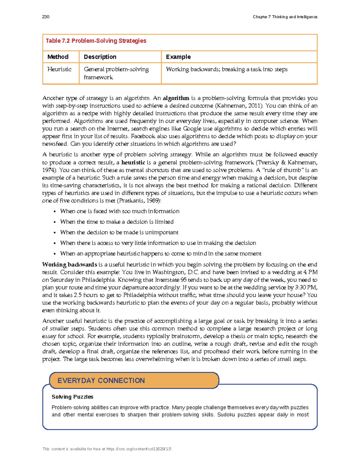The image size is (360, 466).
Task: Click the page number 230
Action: tap(46, 17)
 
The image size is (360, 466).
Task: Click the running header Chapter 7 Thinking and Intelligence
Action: tap(285, 17)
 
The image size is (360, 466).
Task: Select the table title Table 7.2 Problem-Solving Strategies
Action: tap(96, 41)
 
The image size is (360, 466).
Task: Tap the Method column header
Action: tap(58, 57)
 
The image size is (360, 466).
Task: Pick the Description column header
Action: tap(100, 57)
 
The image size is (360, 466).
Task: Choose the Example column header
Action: tap(178, 57)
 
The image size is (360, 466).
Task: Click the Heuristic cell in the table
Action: tap(59, 69)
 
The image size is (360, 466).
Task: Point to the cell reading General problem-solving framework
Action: tap(116, 73)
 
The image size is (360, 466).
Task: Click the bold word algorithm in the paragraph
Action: tap(176, 98)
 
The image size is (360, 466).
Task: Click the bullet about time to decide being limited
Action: tap(117, 222)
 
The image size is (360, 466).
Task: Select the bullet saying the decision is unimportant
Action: tap(119, 233)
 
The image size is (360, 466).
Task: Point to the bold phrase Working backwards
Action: tap(70, 265)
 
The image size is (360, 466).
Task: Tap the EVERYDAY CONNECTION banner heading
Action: tap(101, 380)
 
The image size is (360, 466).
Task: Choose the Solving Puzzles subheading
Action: tap(72, 397)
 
